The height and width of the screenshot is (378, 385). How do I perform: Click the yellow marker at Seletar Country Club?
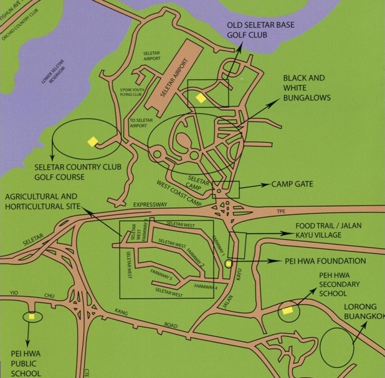[x=92, y=142]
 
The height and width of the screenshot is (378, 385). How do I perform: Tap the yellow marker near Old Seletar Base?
[x=201, y=97]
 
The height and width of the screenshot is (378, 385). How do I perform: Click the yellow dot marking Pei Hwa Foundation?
[x=228, y=263]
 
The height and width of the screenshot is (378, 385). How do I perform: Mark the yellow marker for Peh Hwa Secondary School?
[x=287, y=309]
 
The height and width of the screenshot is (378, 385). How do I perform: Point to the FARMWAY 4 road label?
[x=204, y=286]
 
